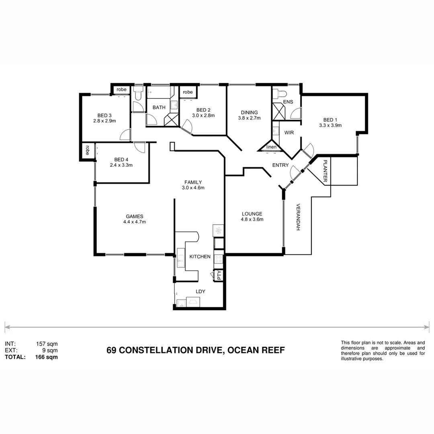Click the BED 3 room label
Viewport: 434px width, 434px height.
coord(104,115)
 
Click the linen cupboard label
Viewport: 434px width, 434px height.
coord(272,147)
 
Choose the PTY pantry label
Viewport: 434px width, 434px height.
coord(219,275)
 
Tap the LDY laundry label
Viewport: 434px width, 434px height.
coord(200,291)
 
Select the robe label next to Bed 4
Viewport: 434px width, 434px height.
coord(87,150)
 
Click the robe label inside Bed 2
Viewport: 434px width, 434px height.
coord(188,92)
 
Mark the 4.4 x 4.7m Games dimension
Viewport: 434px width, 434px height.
coord(134,221)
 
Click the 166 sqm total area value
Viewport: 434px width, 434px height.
coord(47,356)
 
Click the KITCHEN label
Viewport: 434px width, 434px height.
coord(200,256)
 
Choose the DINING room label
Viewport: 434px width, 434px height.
coord(249,113)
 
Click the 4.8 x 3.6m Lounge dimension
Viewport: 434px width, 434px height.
coord(252,219)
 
